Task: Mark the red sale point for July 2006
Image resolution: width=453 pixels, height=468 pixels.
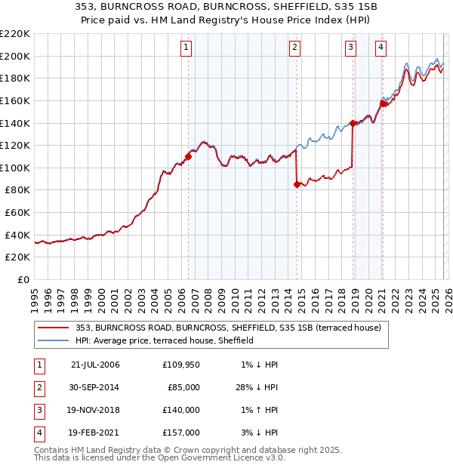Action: click(x=188, y=156)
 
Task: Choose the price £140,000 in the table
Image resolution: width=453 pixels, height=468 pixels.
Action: click(x=181, y=410)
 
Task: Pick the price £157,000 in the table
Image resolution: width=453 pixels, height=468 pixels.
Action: click(x=181, y=433)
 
